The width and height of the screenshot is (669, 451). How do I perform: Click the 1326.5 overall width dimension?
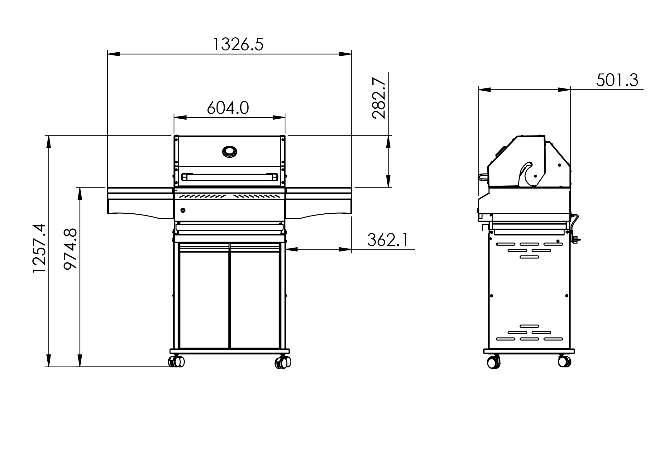238,44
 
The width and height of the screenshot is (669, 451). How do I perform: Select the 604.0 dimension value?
228,108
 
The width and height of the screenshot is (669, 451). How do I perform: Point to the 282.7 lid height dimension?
379,98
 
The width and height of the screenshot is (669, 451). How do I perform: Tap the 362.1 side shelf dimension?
387,240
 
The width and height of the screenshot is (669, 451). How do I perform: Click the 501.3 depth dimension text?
617,80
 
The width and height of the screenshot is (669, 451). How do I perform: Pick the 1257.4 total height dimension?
39,248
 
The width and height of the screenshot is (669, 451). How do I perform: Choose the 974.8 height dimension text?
70,249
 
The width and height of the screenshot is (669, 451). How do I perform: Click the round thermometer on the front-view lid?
229,152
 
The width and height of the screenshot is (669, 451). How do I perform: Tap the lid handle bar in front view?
230,177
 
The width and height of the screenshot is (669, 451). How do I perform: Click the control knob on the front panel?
183,210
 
